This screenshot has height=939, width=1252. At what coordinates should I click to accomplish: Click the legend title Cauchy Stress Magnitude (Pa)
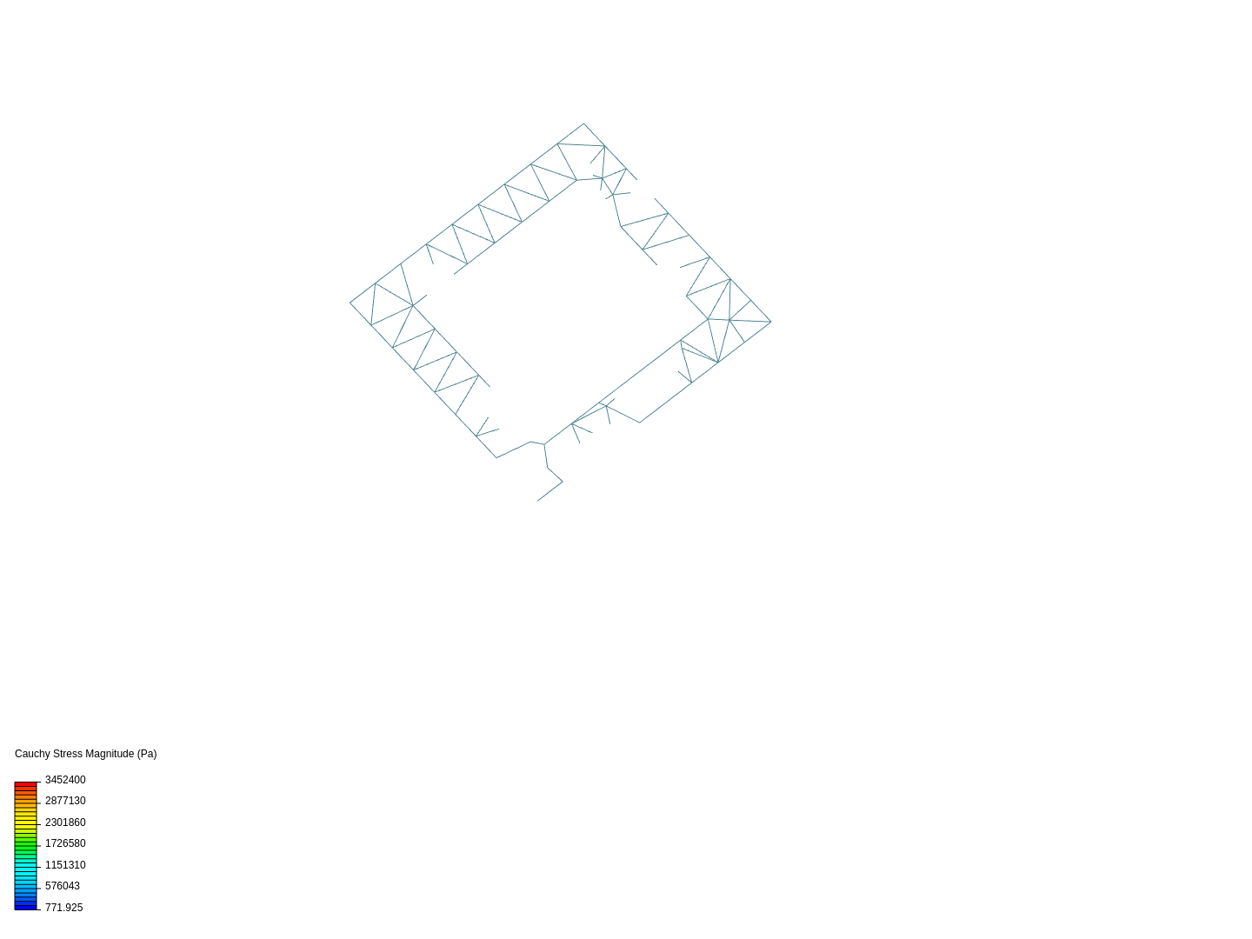click(x=85, y=754)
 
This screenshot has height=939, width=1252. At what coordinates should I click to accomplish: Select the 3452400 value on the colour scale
click(x=65, y=780)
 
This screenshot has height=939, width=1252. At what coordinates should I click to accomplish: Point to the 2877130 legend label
click(x=65, y=801)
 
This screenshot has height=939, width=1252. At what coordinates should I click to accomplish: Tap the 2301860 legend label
click(x=65, y=822)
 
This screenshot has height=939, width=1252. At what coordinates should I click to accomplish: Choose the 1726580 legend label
click(x=65, y=843)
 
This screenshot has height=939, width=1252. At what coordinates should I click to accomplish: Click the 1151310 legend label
click(x=65, y=865)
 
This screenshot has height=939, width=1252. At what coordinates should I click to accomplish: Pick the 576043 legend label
click(x=63, y=886)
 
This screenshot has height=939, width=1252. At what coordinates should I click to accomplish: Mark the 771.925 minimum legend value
click(x=63, y=908)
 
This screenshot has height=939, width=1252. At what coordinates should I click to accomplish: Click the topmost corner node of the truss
click(x=583, y=123)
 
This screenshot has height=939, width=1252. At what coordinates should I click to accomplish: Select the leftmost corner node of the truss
click(x=350, y=303)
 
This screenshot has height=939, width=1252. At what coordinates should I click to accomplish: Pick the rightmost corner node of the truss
click(x=770, y=322)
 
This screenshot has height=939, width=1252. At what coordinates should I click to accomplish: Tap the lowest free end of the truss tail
click(x=537, y=501)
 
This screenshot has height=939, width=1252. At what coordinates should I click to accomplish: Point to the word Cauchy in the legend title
click(x=32, y=754)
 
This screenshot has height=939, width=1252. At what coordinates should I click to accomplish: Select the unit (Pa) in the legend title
click(x=147, y=754)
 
